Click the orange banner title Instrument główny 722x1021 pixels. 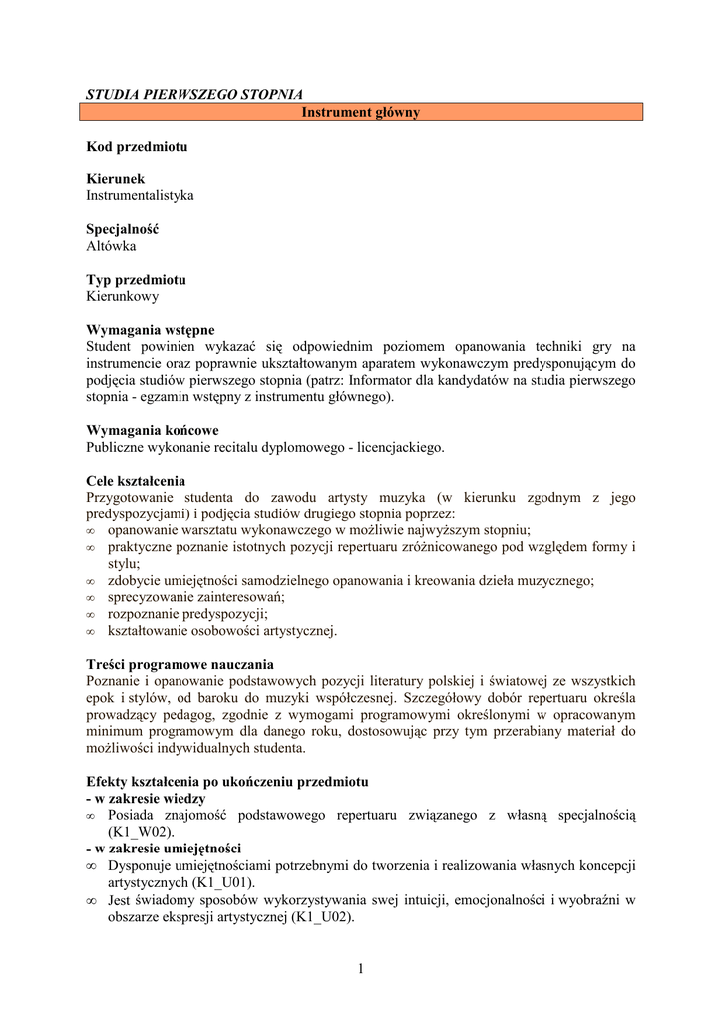coord(361,113)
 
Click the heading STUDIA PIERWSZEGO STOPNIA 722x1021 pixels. coord(194,95)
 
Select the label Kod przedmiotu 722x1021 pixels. coord(137,146)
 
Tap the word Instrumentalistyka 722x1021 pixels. coord(140,196)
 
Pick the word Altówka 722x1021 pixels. coord(111,246)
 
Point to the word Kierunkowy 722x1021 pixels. coord(122,296)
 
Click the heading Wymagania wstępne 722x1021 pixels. coord(151,330)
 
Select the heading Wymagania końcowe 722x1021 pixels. coord(153,431)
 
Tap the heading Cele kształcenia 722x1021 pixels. coord(136,481)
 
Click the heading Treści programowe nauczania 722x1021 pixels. coord(180,664)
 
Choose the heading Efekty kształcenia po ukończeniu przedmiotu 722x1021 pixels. coord(227,781)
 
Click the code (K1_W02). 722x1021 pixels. coord(142,832)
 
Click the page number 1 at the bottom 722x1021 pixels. coord(361,970)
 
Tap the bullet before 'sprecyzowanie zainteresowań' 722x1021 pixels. coord(91,597)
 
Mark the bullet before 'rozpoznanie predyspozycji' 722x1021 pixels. coord(91,614)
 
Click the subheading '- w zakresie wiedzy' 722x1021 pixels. coord(146,798)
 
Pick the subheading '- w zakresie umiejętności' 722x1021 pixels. coord(164,849)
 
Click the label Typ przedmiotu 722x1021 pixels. coord(136,280)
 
